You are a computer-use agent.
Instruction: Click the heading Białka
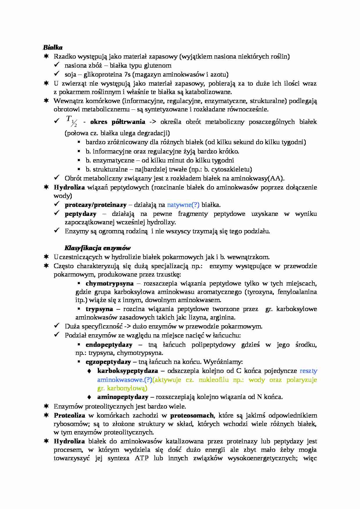point(53,47)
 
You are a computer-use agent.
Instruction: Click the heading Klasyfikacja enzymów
point(97,248)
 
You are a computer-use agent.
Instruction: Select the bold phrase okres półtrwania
point(118,122)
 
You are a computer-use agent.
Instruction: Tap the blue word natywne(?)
point(183,205)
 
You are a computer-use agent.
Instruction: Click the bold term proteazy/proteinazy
point(96,205)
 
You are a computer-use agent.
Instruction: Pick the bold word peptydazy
point(80,214)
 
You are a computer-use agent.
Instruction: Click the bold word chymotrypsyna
point(109,283)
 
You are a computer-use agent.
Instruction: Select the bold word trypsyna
point(99,309)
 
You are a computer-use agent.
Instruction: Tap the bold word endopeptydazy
point(109,345)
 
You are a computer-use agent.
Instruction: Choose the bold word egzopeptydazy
point(108,362)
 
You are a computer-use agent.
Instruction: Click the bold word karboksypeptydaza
point(127,371)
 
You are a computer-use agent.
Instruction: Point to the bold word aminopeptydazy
point(123,397)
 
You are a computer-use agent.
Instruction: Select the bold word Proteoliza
point(69,416)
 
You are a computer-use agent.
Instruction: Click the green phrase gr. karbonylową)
point(122,388)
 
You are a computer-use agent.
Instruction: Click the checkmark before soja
point(57,74)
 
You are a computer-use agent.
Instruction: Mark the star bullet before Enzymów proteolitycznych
point(46,406)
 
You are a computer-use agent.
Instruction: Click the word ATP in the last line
point(142,458)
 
